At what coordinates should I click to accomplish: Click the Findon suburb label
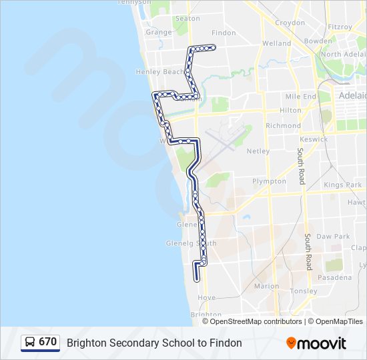(x=224, y=33)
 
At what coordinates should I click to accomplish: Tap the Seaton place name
(x=188, y=19)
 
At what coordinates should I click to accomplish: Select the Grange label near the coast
(x=159, y=32)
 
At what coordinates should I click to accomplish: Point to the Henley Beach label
(x=159, y=72)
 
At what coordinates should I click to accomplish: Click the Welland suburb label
(x=277, y=43)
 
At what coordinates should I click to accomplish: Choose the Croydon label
(x=290, y=22)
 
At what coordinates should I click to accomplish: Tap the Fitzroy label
(x=340, y=27)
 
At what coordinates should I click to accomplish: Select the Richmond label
(x=283, y=125)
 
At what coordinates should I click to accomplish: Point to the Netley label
(x=258, y=151)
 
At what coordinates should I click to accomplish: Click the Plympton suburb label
(x=269, y=181)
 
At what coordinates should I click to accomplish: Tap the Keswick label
(x=314, y=139)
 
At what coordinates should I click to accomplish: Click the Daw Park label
(x=333, y=237)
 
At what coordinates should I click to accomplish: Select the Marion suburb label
(x=266, y=286)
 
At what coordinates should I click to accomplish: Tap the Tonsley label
(x=304, y=291)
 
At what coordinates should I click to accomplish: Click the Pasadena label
(x=338, y=277)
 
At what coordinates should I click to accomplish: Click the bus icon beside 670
(x=30, y=343)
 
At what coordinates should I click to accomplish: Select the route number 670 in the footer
(x=47, y=342)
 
